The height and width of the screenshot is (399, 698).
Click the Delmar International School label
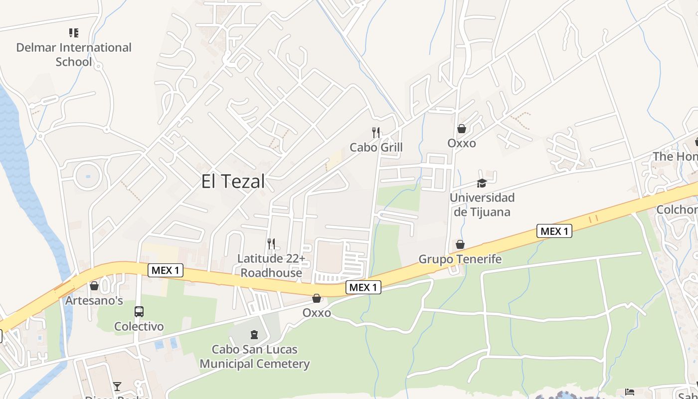(x=74, y=55)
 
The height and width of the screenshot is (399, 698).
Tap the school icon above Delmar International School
(x=74, y=33)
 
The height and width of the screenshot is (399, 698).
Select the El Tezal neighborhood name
(x=233, y=182)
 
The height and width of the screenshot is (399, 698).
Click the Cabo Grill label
(x=376, y=148)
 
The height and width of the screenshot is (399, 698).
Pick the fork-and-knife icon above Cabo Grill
(x=376, y=132)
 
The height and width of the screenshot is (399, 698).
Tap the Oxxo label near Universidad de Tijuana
(x=461, y=144)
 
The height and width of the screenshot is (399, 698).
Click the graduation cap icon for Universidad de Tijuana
(x=481, y=183)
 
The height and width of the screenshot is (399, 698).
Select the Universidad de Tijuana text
(x=482, y=204)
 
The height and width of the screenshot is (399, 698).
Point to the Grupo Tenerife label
(x=460, y=259)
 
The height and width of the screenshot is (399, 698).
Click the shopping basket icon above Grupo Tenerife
(x=460, y=244)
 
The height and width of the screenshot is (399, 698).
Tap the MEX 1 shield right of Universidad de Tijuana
(x=554, y=231)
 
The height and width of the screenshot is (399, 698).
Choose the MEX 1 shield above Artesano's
(x=166, y=271)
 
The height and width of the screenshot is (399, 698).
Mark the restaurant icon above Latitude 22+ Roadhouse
(x=271, y=243)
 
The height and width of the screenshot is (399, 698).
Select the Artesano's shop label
(x=94, y=301)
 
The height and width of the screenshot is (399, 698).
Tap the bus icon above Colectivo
(x=139, y=312)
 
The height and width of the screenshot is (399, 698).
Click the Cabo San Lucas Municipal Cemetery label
(x=255, y=357)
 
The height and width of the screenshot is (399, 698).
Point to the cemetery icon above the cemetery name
(x=254, y=334)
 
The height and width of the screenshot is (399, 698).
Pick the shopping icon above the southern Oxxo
(x=316, y=298)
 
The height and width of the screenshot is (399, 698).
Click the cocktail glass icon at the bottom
(x=117, y=386)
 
